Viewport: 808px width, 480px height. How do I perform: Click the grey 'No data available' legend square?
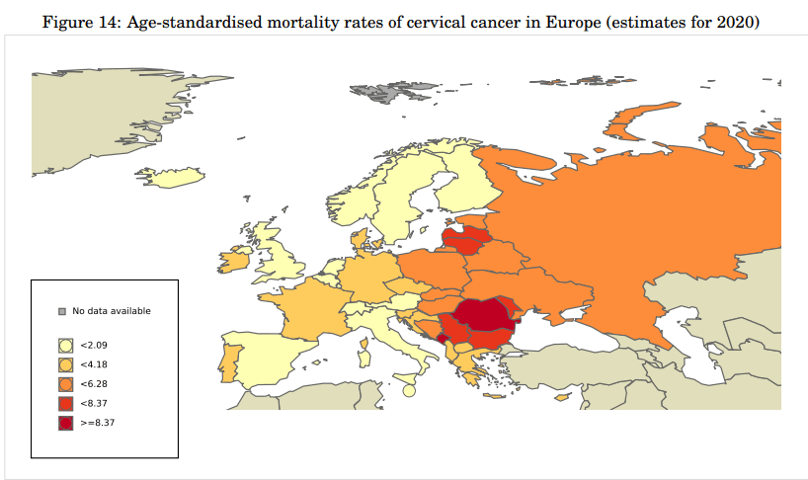[x=62, y=311]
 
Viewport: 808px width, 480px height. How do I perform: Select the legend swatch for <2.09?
[x=66, y=345]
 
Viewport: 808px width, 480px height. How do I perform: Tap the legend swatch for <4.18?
[x=66, y=363]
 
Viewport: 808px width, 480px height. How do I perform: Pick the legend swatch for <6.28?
[x=66, y=383]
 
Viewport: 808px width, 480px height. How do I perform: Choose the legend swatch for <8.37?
[x=66, y=403]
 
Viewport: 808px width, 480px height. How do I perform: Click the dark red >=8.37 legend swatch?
[x=66, y=423]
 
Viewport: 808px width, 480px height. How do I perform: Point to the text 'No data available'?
[x=112, y=311]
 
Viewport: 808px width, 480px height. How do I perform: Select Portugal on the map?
[x=226, y=360]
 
